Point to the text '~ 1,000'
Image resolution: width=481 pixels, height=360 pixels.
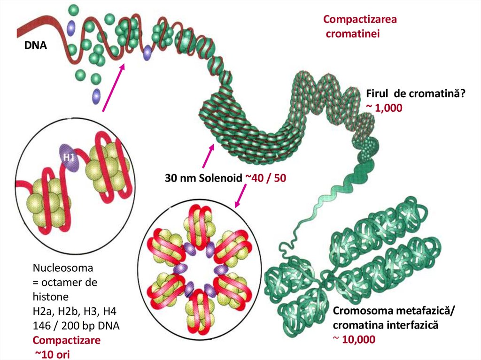pyautogui.click(x=384, y=107)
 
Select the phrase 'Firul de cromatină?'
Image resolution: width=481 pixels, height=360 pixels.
pyautogui.click(x=415, y=94)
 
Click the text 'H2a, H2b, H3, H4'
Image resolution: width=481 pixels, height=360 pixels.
pyautogui.click(x=71, y=311)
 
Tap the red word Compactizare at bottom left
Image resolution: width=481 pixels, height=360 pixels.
pyautogui.click(x=66, y=340)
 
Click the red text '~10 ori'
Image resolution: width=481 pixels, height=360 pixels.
pyautogui.click(x=52, y=354)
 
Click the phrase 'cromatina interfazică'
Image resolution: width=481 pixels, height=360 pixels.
pyautogui.click(x=385, y=325)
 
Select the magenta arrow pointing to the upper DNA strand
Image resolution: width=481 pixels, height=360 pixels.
pyautogui.click(x=114, y=88)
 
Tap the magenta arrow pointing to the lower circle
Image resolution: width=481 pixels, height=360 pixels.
pyautogui.click(x=241, y=196)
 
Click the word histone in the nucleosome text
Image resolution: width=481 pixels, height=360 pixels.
pyautogui.click(x=51, y=297)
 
